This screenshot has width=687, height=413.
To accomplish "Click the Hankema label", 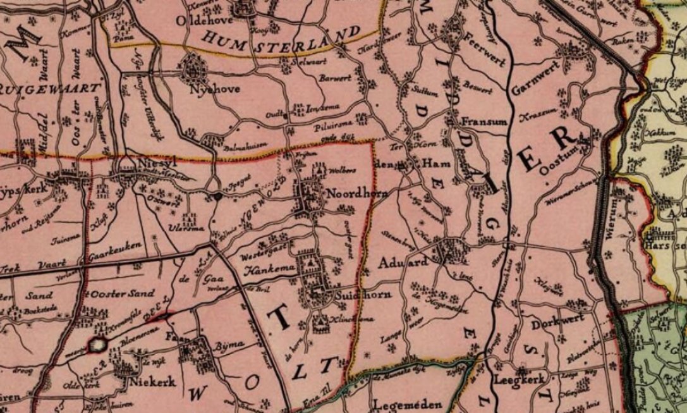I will click(267, 272).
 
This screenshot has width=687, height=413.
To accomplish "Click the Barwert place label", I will click(332, 81).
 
